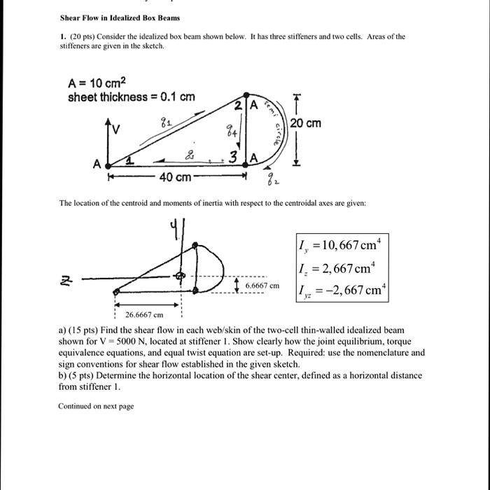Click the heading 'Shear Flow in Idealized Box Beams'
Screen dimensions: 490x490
(109, 16)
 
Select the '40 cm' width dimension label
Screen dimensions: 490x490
(174, 178)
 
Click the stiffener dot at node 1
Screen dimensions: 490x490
(107, 164)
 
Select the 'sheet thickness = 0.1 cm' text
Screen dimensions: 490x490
(130, 97)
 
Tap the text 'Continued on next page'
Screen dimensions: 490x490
(96, 406)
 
